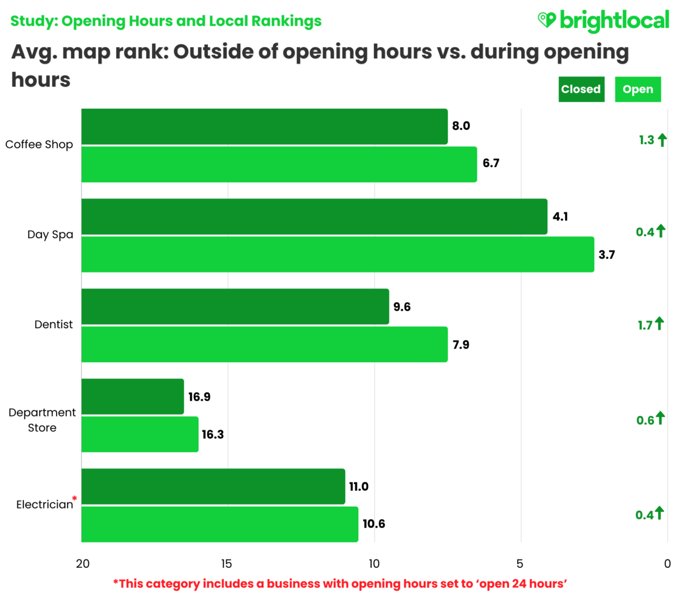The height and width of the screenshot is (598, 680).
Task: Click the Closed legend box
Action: tap(581, 90)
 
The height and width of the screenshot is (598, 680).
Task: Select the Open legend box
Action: tap(637, 90)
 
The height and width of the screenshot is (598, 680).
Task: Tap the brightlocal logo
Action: tap(603, 21)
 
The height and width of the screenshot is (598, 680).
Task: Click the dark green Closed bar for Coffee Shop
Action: tap(264, 126)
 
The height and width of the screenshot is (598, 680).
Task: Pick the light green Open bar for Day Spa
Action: tap(337, 255)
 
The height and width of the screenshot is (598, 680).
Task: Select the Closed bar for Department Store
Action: tap(133, 397)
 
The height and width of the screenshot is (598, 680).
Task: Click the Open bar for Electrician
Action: tap(219, 524)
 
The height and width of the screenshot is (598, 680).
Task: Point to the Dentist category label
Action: tap(53, 325)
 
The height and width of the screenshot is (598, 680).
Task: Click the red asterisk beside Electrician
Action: tap(74, 499)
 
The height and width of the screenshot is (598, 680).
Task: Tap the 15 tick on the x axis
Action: tap(226, 563)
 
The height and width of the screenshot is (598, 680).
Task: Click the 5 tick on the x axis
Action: tap(520, 563)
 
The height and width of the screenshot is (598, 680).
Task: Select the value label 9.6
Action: tap(402, 307)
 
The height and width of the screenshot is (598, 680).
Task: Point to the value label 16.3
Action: tap(212, 434)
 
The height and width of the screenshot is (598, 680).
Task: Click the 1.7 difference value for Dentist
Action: tap(645, 325)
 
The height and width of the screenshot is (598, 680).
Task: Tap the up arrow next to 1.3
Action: tap(662, 139)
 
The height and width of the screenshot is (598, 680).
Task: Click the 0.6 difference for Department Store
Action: tap(645, 420)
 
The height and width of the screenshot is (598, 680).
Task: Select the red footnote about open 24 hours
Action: tap(340, 584)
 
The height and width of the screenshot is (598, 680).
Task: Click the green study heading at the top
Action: tap(165, 21)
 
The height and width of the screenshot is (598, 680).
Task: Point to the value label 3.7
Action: tap(606, 255)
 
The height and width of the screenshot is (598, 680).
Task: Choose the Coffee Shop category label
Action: tap(39, 145)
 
